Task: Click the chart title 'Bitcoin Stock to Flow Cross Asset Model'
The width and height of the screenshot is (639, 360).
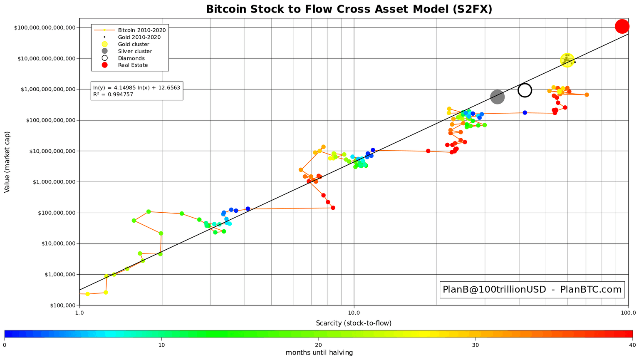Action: point(349,9)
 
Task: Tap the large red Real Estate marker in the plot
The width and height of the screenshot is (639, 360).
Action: point(622,26)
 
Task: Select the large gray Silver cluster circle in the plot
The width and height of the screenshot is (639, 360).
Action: point(497,97)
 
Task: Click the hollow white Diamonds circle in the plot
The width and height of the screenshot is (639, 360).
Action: point(525,90)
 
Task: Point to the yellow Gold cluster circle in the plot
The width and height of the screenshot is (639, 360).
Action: point(567,60)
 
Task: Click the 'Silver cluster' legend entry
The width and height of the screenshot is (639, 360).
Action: point(135,51)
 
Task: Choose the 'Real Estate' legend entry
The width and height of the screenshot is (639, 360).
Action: point(133,65)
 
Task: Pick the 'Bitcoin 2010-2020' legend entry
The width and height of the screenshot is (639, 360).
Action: point(141,30)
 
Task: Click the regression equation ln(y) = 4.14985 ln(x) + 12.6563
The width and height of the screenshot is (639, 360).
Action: point(136,88)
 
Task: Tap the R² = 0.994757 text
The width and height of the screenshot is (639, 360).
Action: point(113,94)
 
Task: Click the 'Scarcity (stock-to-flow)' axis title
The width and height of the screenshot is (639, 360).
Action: point(354,323)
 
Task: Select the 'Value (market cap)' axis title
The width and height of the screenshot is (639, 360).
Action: point(7,162)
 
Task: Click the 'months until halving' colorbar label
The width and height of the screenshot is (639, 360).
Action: point(319,353)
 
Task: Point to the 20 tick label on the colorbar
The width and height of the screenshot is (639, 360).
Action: point(318,345)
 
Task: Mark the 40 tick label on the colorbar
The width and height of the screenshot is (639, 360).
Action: point(632,345)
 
